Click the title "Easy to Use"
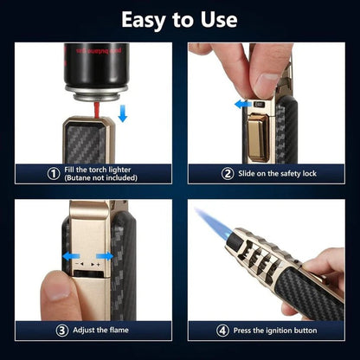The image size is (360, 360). [x=179, y=19]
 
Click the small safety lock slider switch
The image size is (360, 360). [x=257, y=104]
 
